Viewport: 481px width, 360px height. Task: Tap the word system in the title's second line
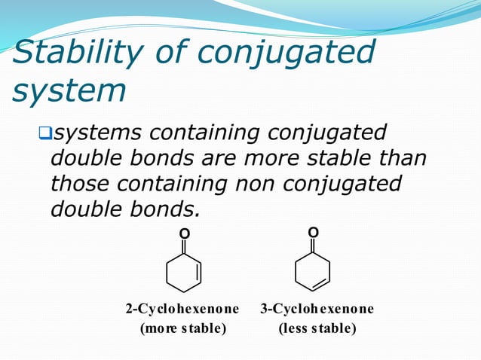point(69,90)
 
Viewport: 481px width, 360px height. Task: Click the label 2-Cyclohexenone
point(182,309)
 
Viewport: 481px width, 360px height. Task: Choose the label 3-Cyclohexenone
point(317,309)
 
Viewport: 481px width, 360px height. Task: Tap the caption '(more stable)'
point(181,328)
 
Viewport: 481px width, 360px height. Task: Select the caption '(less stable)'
point(317,328)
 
